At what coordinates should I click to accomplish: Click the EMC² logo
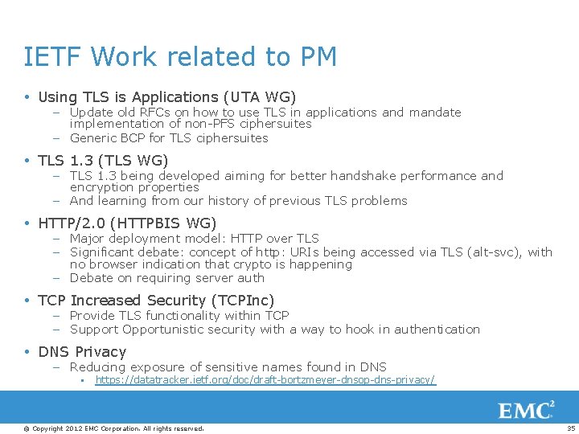click(527, 411)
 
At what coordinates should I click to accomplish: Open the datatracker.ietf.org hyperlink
click(265, 379)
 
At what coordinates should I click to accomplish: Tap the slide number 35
click(571, 428)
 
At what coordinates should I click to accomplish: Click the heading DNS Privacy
click(82, 352)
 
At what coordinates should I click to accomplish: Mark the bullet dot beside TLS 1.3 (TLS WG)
click(27, 161)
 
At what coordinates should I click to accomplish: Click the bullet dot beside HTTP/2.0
click(27, 223)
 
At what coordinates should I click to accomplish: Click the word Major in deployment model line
click(88, 238)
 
